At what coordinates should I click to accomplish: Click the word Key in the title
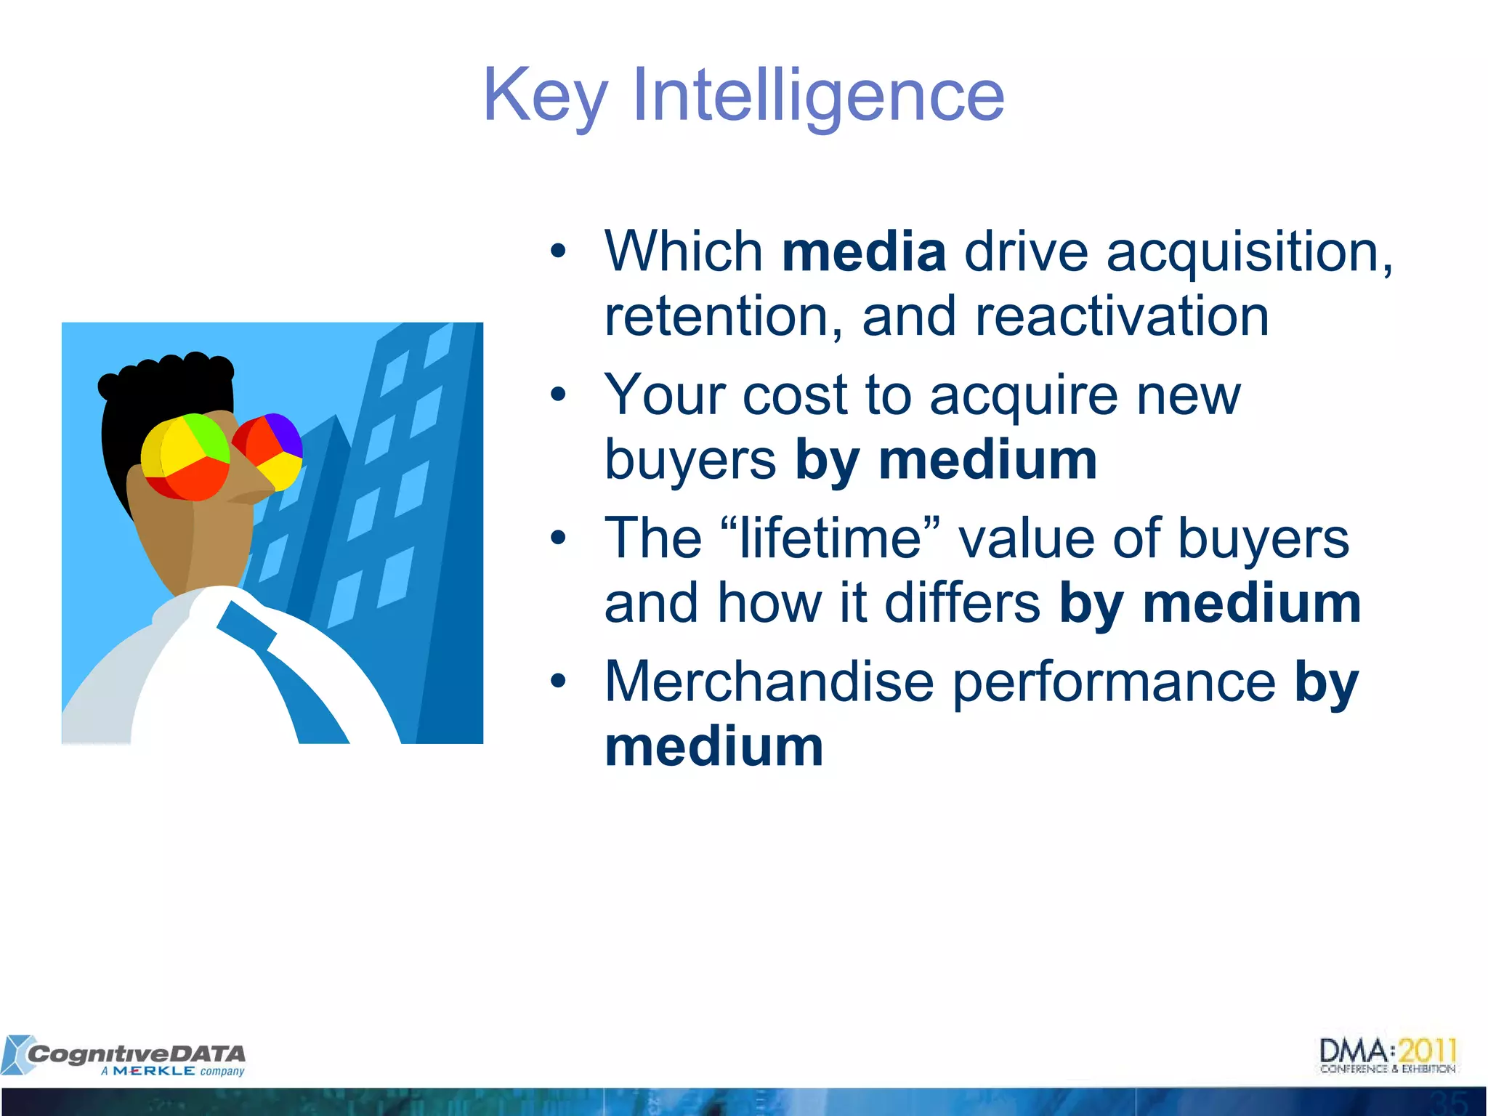tap(545, 96)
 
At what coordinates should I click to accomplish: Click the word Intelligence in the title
tap(819, 96)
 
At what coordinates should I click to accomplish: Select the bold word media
tap(864, 251)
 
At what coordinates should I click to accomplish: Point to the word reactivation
tap(1122, 317)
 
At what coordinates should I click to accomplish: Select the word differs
tap(963, 603)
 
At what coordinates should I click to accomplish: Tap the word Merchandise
tap(769, 682)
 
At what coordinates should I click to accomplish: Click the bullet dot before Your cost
tap(558, 395)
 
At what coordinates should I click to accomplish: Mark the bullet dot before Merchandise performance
tap(558, 681)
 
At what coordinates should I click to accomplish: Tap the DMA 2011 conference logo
tap(1388, 1056)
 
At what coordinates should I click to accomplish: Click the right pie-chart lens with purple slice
tap(268, 450)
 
